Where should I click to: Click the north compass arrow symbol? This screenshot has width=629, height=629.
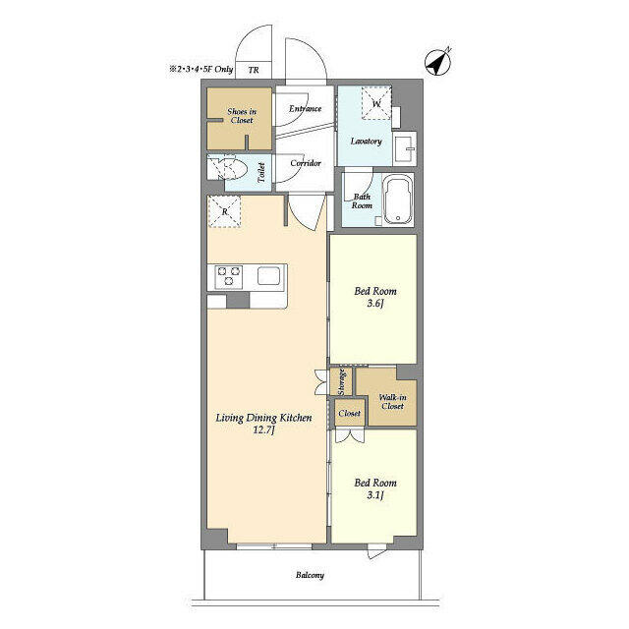click(x=437, y=60)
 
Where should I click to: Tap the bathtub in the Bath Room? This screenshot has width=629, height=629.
click(x=398, y=200)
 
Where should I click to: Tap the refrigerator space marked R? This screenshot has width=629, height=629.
click(x=225, y=211)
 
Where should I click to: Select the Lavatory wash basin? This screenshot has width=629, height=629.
click(x=404, y=148)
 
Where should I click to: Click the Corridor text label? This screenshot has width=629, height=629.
click(x=306, y=163)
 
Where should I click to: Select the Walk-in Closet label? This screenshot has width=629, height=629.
click(x=391, y=400)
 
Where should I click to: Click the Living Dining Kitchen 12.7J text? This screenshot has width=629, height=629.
click(x=263, y=424)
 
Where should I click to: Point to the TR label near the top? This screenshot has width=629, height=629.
click(x=254, y=71)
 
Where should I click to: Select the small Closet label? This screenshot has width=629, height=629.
click(x=349, y=414)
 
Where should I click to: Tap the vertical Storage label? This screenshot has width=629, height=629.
click(x=341, y=381)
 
